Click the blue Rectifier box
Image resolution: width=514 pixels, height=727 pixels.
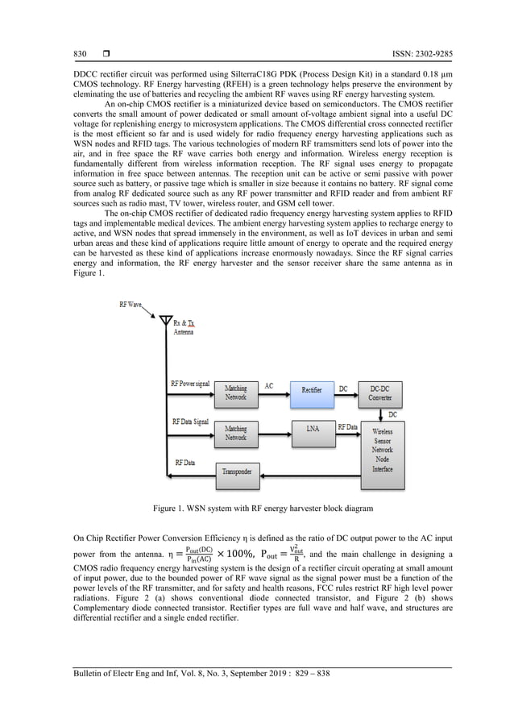(311, 389)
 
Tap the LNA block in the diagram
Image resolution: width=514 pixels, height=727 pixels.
(311, 429)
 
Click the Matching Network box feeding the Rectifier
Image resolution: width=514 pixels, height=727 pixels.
(235, 393)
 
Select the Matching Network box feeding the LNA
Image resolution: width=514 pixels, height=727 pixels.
(235, 434)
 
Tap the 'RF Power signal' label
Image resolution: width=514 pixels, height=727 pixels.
(190, 384)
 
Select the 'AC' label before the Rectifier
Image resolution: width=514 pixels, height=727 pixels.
(268, 385)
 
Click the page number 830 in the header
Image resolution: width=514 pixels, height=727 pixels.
(75, 54)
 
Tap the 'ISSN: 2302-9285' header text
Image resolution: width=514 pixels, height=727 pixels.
(417, 54)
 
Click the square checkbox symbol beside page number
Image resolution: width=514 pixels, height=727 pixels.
(106, 54)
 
